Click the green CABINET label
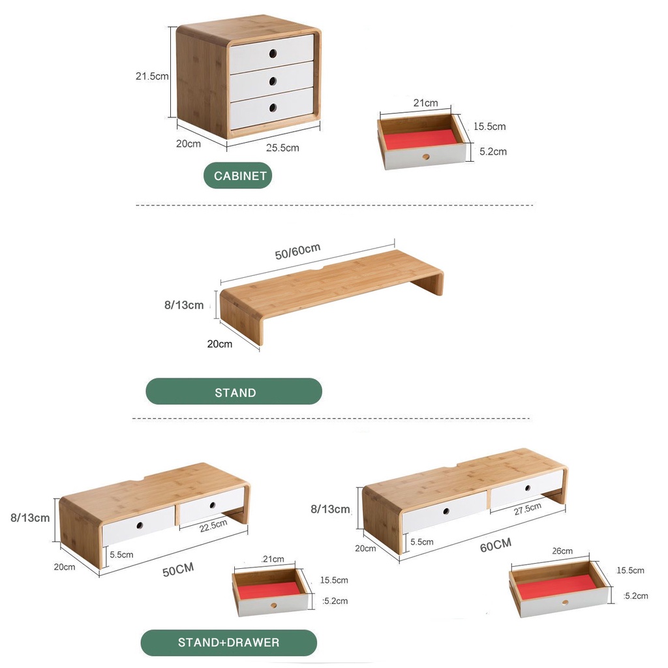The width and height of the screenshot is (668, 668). pyautogui.click(x=237, y=175)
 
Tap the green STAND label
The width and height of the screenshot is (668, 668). pyautogui.click(x=234, y=391)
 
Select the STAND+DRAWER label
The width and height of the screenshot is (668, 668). pyautogui.click(x=229, y=643)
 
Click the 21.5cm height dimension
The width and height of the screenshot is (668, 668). pyautogui.click(x=152, y=76)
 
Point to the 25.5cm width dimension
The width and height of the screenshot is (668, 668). pyautogui.click(x=282, y=148)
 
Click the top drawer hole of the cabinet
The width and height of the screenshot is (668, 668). pyautogui.click(x=273, y=53)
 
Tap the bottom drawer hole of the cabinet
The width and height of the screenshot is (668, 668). pyautogui.click(x=273, y=108)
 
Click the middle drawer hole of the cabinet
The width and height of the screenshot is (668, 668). pyautogui.click(x=273, y=80)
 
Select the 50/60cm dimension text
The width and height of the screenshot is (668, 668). pyautogui.click(x=297, y=252)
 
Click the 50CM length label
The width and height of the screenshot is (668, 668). pyautogui.click(x=178, y=569)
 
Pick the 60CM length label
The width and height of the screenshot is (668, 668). pyautogui.click(x=496, y=545)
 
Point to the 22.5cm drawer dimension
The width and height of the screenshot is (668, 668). pyautogui.click(x=213, y=526)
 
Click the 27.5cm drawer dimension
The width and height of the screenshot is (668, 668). pyautogui.click(x=527, y=509)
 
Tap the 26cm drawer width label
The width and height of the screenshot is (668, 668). pyautogui.click(x=562, y=551)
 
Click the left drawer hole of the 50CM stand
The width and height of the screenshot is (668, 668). pyautogui.click(x=140, y=525)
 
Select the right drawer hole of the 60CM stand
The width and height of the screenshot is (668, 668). pyautogui.click(x=527, y=488)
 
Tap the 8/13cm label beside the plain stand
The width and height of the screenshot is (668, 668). pyautogui.click(x=184, y=305)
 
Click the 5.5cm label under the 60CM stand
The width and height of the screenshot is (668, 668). pyautogui.click(x=422, y=542)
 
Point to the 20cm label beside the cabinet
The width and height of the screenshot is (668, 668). pyautogui.click(x=189, y=144)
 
